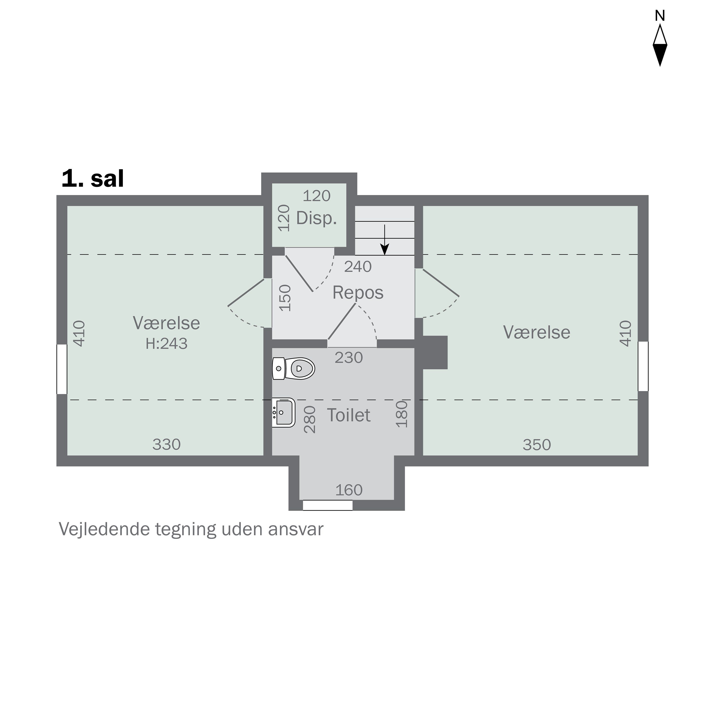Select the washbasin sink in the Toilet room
[284, 412]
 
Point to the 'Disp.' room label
[316, 218]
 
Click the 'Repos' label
[358, 293]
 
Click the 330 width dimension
[166, 444]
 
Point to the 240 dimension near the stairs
[358, 267]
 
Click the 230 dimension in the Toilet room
[349, 358]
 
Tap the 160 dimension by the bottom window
[349, 490]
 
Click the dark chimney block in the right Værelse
[435, 352]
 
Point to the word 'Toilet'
[349, 415]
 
